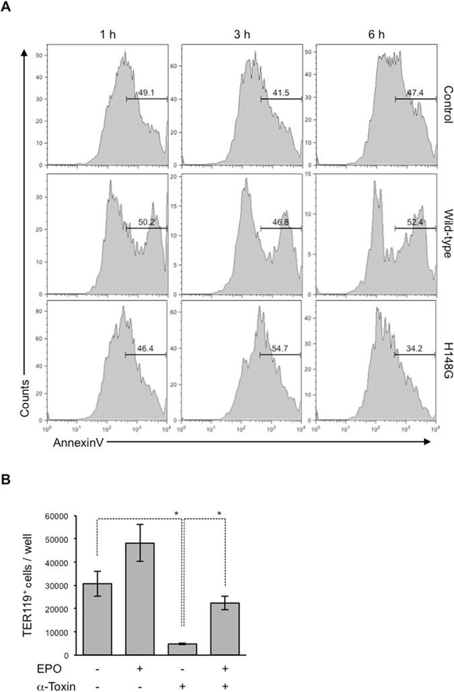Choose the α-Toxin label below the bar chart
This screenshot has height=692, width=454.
(x=25, y=684)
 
